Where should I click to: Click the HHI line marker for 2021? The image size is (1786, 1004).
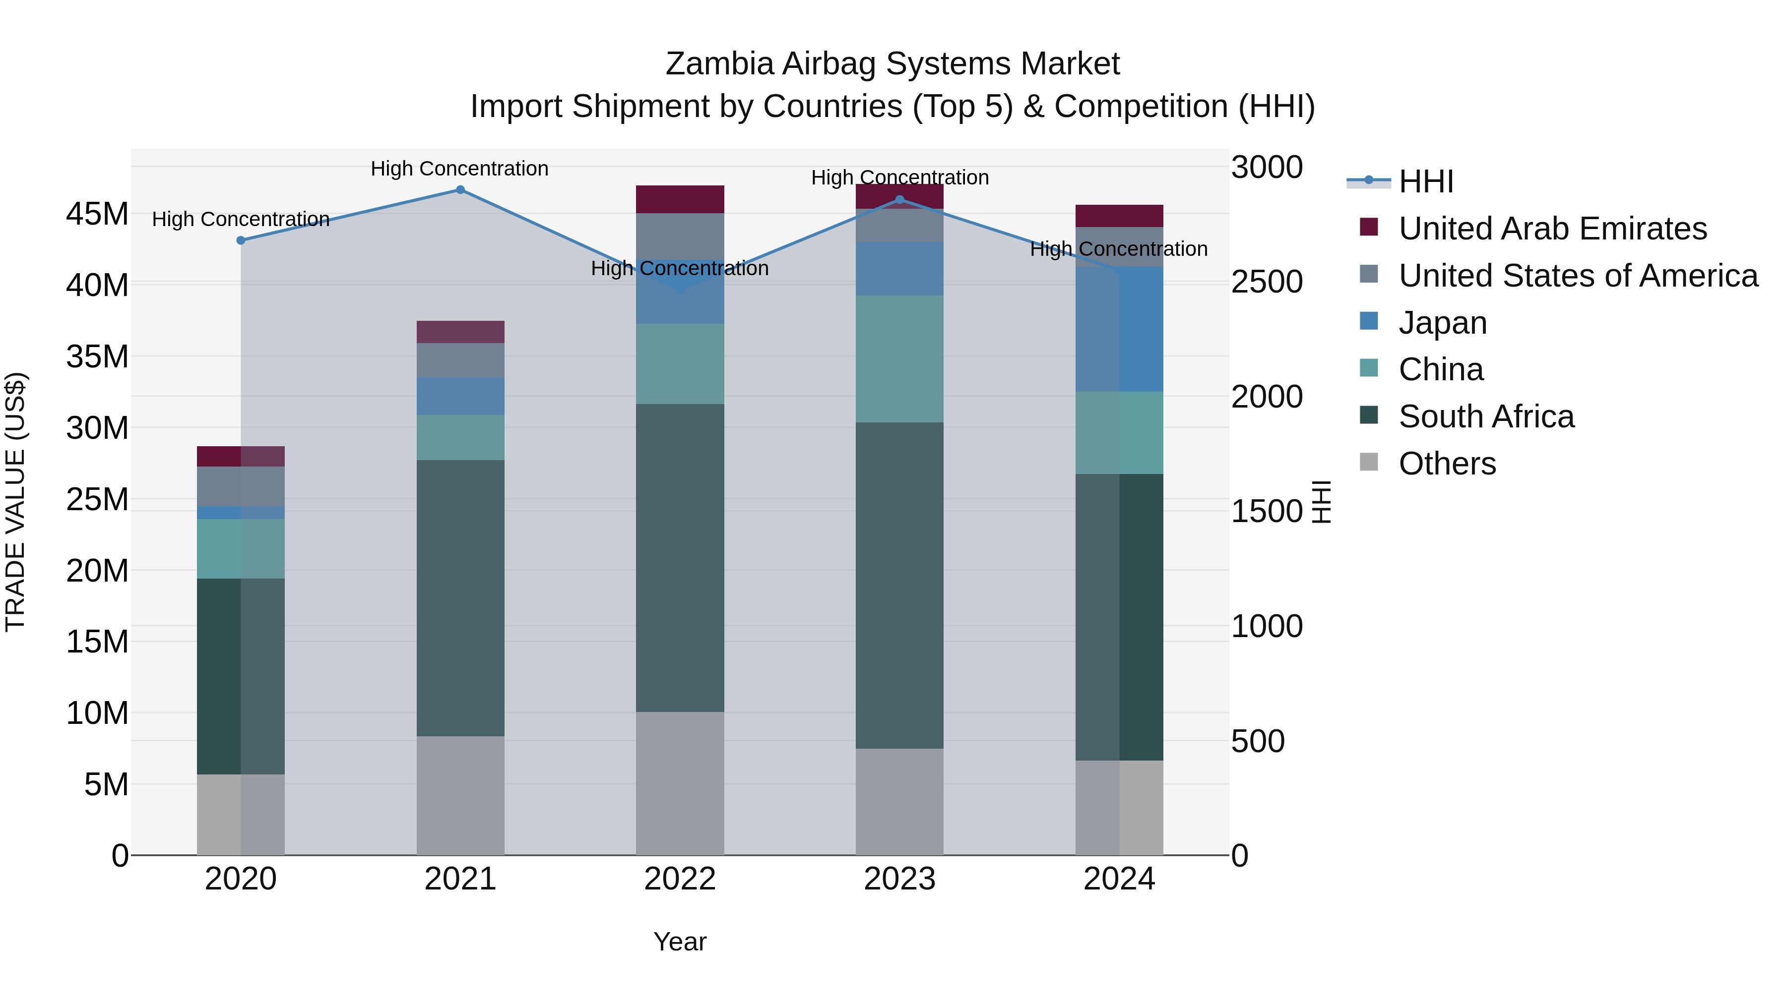pyautogui.click(x=460, y=190)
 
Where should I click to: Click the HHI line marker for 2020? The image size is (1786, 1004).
pyautogui.click(x=241, y=240)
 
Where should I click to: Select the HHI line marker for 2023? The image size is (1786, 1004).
pyautogui.click(x=899, y=199)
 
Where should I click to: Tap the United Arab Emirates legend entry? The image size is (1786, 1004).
pyautogui.click(x=1552, y=229)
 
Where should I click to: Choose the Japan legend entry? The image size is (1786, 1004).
pyautogui.click(x=1442, y=323)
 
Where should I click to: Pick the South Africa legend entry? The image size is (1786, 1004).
pyautogui.click(x=1486, y=416)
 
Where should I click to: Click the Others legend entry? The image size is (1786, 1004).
pyautogui.click(x=1447, y=464)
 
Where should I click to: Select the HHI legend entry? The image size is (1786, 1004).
pyautogui.click(x=1425, y=181)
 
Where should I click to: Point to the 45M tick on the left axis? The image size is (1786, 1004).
pyautogui.click(x=97, y=214)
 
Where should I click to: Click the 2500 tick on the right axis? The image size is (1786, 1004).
pyautogui.click(x=1267, y=282)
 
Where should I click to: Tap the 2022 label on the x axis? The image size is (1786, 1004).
pyautogui.click(x=680, y=879)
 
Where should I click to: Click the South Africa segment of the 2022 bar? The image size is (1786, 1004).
pyautogui.click(x=680, y=558)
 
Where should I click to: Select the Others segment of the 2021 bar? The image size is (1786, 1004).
pyautogui.click(x=460, y=795)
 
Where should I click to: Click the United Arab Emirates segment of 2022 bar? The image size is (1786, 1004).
pyautogui.click(x=680, y=199)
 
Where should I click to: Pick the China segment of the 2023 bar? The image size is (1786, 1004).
pyautogui.click(x=899, y=359)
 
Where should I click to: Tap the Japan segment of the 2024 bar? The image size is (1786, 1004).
pyautogui.click(x=1119, y=330)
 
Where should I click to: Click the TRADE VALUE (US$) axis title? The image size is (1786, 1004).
pyautogui.click(x=15, y=502)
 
